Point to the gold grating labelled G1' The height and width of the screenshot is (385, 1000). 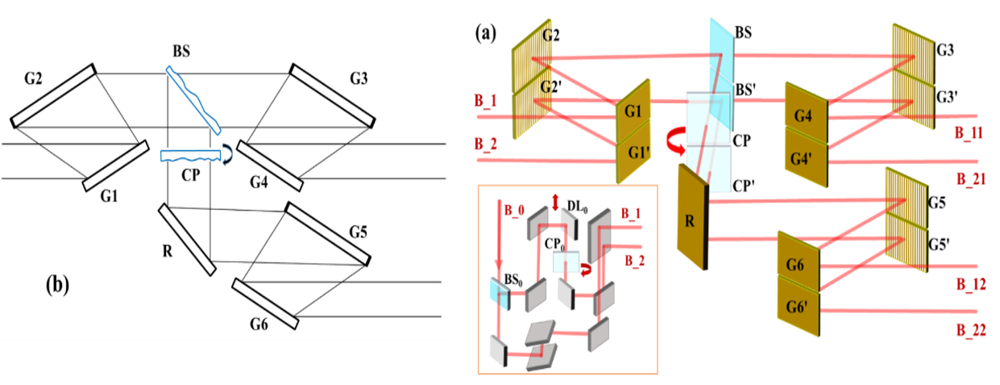coord(633,153)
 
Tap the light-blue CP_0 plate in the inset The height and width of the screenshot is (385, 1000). coord(566,262)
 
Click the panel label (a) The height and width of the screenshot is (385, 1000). coord(486,34)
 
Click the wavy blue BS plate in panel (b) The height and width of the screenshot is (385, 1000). coord(193,100)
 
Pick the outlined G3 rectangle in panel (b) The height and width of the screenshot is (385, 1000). coord(332,96)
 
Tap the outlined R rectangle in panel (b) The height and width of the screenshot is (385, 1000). coord(186,240)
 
